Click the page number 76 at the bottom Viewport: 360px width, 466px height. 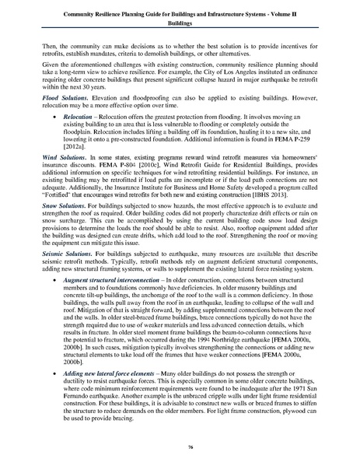click(180, 447)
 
